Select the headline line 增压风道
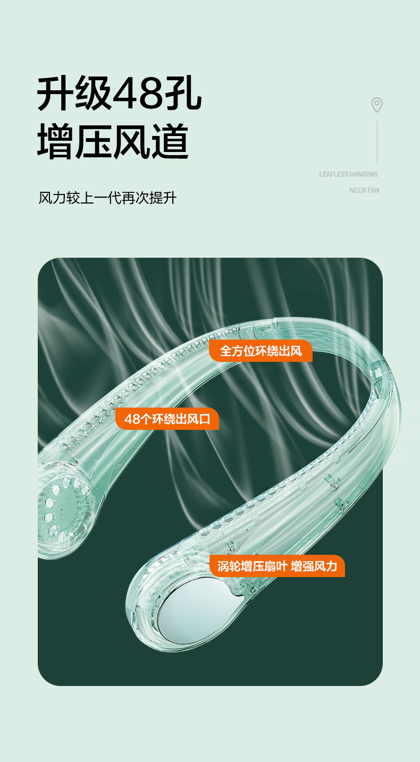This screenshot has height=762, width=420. [113, 142]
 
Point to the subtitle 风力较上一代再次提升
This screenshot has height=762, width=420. [107, 198]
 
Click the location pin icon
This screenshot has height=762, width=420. [377, 105]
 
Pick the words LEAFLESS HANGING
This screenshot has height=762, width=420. [348, 174]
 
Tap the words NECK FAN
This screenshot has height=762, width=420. [364, 190]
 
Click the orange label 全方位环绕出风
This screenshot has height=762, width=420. [261, 351]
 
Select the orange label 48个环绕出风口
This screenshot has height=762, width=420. [167, 419]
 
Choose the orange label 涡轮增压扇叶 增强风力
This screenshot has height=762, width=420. [277, 566]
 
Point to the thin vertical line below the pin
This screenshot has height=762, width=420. [377, 141]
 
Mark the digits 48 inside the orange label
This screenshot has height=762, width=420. [131, 419]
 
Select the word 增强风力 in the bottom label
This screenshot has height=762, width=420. [314, 566]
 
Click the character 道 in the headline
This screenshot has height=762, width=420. [170, 142]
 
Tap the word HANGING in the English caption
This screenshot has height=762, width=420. [364, 174]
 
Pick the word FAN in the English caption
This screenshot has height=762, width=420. [373, 190]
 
